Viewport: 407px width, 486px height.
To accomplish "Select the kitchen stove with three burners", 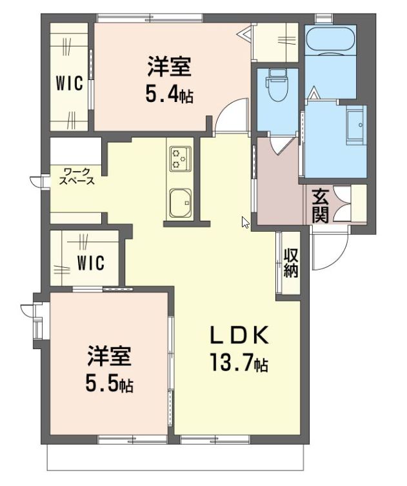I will click(x=180, y=157).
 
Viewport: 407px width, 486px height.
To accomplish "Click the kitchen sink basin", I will click(x=181, y=203).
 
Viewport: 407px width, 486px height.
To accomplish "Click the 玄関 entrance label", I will click(x=321, y=205).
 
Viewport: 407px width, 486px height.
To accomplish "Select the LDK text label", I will click(x=237, y=336).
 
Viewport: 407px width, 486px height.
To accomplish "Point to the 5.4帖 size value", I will click(x=168, y=96).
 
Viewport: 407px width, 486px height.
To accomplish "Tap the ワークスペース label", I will click(x=77, y=176).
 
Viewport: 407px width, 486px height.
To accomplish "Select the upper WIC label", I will click(x=68, y=84).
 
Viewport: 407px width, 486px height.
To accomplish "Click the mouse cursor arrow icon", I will click(x=245, y=222).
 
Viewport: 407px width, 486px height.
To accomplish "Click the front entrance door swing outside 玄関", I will click(x=329, y=252).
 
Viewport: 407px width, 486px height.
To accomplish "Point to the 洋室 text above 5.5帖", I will click(x=110, y=357).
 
